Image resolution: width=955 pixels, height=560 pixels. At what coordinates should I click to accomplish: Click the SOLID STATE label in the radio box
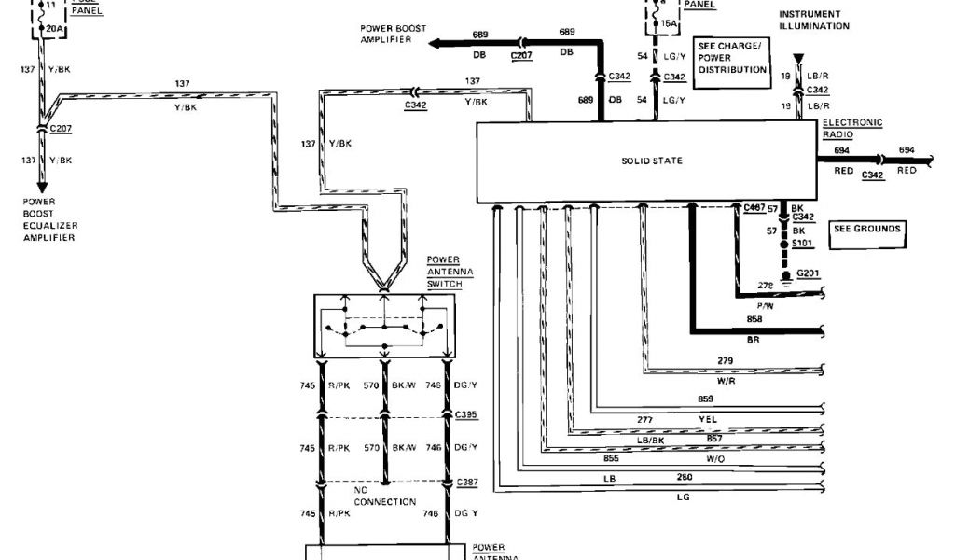[652, 161]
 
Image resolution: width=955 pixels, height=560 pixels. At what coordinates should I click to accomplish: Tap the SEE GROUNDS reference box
[867, 230]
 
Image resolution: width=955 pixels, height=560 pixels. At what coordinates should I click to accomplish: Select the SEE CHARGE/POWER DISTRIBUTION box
[732, 63]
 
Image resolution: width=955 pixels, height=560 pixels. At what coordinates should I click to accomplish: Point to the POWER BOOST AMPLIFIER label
[394, 35]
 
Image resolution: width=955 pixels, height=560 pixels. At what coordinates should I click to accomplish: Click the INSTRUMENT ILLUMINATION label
[814, 21]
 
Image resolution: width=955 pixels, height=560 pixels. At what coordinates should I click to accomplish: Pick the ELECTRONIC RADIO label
[851, 129]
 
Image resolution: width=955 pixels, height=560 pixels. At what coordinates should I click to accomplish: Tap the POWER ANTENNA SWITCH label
[450, 271]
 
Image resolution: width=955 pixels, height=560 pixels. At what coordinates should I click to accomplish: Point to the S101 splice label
[802, 243]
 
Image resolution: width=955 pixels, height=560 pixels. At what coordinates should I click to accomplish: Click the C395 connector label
[466, 413]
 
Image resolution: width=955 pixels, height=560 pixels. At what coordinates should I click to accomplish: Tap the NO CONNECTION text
[385, 496]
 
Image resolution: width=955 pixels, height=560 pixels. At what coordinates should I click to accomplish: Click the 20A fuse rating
[55, 29]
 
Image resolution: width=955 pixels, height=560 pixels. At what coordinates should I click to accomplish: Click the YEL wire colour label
[708, 419]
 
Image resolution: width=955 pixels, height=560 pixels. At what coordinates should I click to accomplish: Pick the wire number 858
[754, 320]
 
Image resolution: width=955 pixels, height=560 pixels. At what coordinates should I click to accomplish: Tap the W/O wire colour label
[715, 459]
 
